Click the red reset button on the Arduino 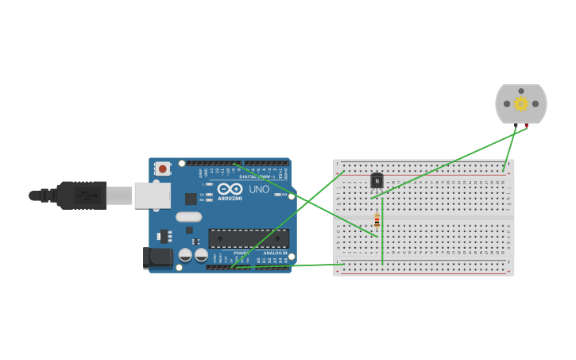pos(162,168)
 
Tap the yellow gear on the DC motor pos(521,103)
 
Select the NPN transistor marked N pos(377,180)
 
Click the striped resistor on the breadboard pos(377,221)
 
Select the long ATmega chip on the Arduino pos(248,238)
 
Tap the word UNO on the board pos(259,190)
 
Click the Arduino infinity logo pos(230,189)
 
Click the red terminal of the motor pos(526,126)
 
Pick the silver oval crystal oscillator pos(189,216)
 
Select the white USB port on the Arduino pos(152,195)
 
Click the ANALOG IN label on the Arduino pos(275,253)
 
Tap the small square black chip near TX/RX pos(191,199)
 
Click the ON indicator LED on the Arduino pos(277,194)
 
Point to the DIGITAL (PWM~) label pos(257,176)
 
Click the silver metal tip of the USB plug pos(120,195)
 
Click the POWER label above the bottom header pos(242,253)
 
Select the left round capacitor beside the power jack pos(185,255)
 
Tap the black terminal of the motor pos(516,126)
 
